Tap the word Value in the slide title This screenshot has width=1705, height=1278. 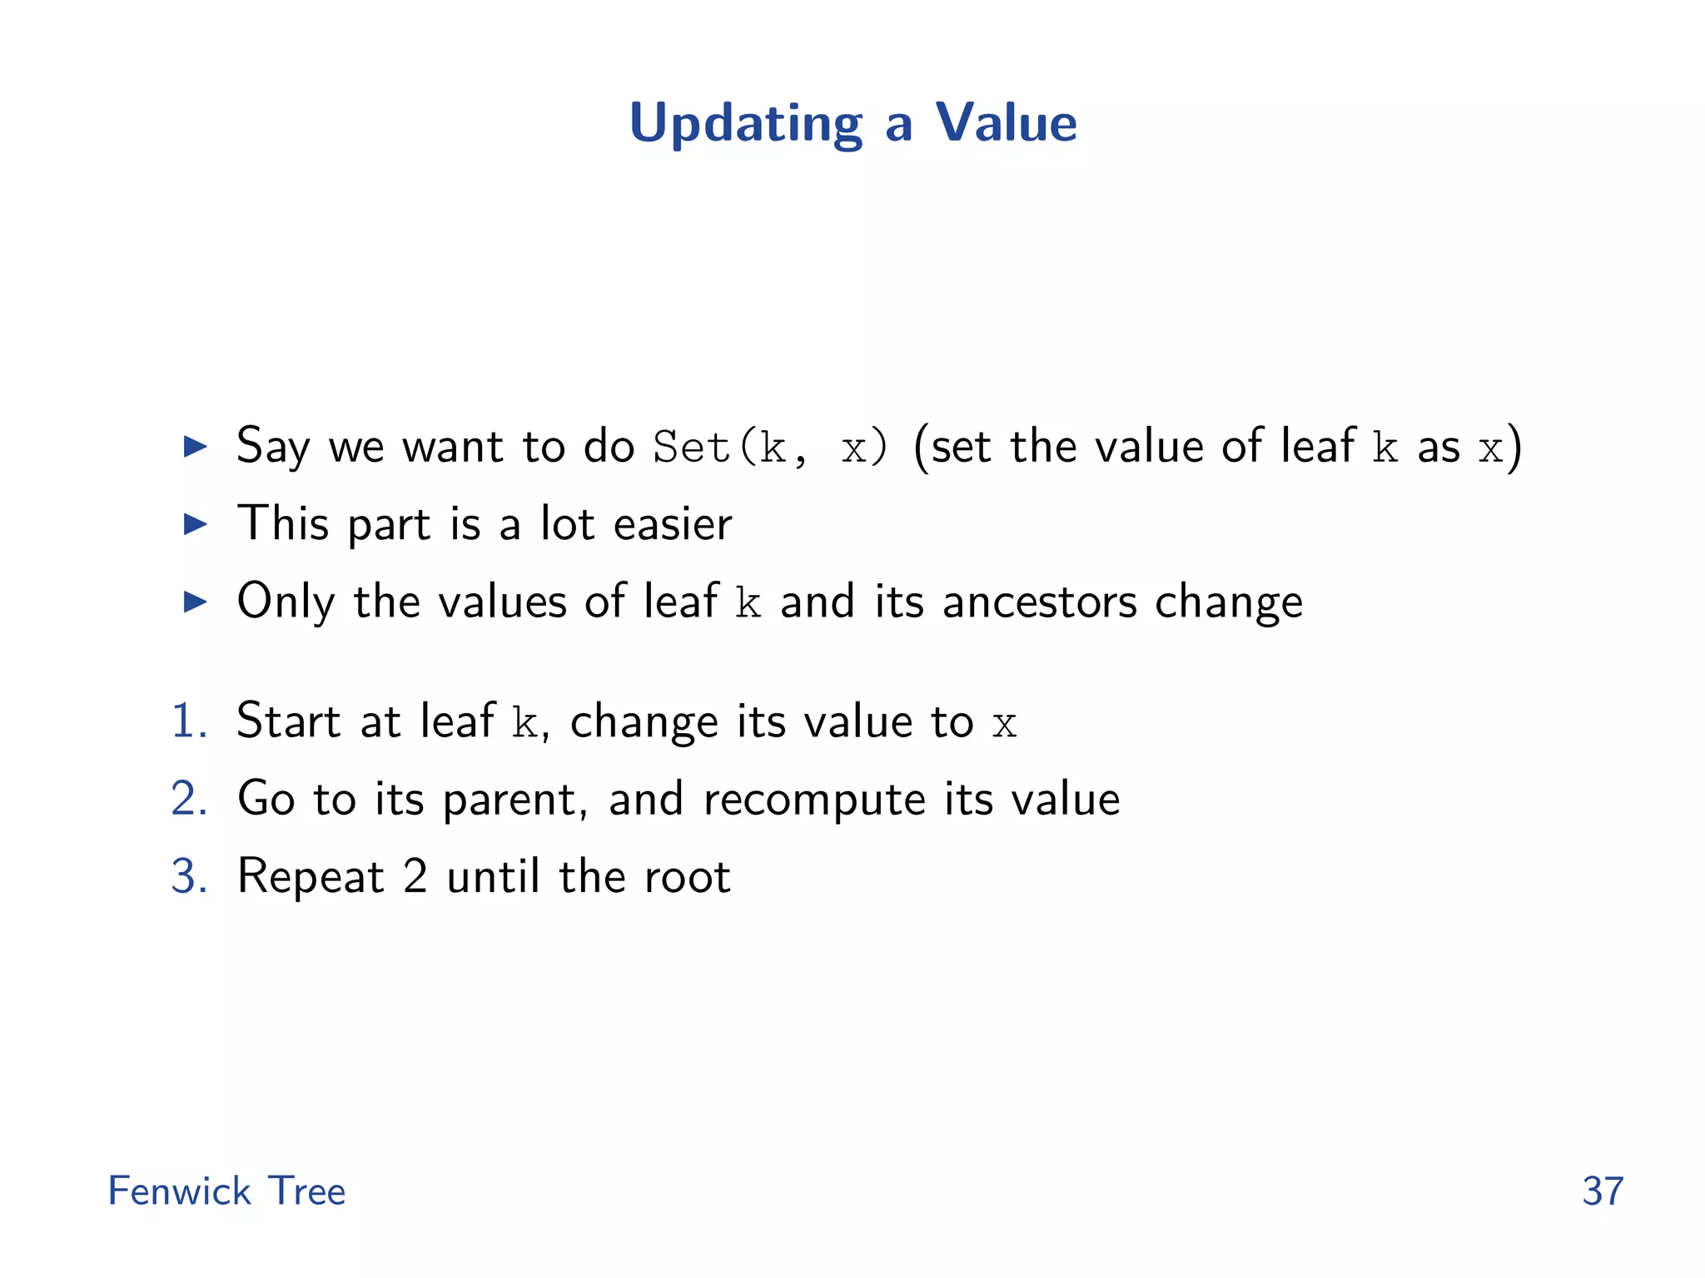coord(1006,123)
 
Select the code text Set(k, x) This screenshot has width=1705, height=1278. coord(771,448)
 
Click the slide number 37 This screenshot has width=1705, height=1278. coord(1603,1191)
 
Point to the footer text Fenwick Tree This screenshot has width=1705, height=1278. coord(226,1191)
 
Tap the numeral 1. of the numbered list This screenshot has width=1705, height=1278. coord(189,721)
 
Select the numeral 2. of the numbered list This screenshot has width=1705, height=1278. coord(189,799)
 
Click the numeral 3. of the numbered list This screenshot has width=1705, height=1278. coord(189,876)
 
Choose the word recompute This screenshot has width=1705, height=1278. coord(814,800)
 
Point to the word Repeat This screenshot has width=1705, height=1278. coord(311,877)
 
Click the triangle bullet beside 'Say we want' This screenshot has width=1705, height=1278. coord(195,447)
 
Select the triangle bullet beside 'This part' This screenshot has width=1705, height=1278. coord(195,524)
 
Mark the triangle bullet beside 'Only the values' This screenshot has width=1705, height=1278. coord(195,602)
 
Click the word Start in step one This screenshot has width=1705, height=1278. coord(288,721)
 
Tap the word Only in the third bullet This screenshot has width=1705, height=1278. coord(286,602)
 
